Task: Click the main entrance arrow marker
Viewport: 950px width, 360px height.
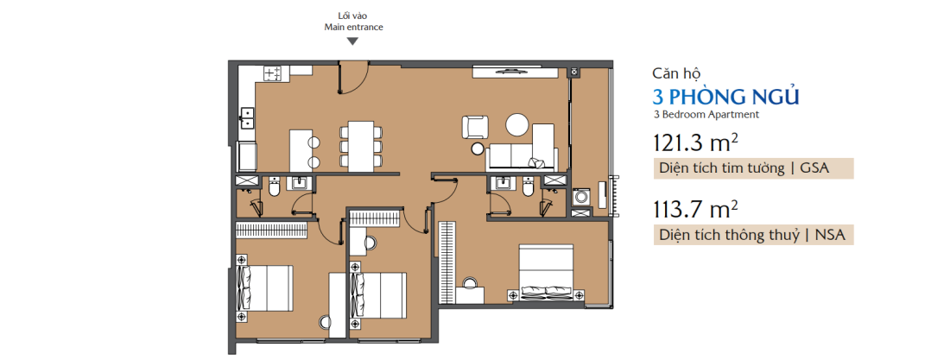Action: point(351,41)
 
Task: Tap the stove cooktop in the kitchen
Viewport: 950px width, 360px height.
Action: point(274,74)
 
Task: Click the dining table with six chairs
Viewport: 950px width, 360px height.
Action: point(358,147)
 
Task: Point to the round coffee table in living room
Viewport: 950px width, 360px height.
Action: point(517,126)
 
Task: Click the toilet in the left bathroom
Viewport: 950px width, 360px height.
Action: point(274,187)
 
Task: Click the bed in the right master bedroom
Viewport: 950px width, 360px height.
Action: point(548,271)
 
